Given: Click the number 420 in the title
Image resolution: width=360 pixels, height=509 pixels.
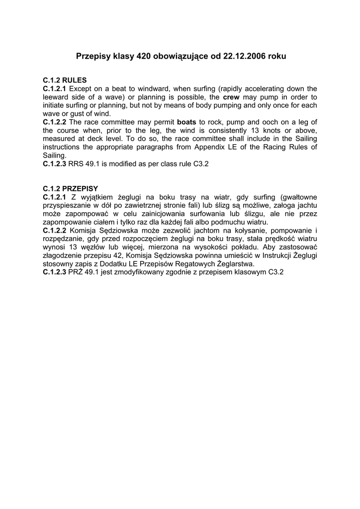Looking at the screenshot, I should [144, 57].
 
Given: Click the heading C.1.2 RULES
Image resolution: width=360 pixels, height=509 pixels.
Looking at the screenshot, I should [65, 80].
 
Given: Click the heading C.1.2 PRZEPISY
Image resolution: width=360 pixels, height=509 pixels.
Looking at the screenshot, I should [71, 189].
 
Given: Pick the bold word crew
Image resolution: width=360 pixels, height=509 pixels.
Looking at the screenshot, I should [231, 97].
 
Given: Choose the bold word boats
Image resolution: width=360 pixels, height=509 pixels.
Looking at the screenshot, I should [187, 122].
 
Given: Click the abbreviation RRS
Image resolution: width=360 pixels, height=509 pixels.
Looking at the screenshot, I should [76, 164].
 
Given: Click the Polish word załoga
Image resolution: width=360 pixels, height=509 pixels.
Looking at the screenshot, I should [283, 205].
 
